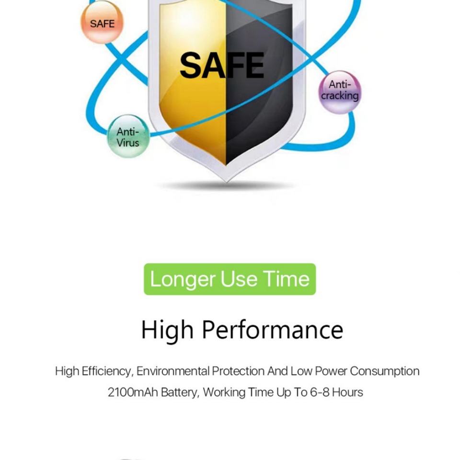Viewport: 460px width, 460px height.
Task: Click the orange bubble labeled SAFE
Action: click(102, 23)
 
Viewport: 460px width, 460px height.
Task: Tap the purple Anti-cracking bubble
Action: click(340, 92)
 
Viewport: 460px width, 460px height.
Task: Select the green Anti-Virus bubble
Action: click(128, 137)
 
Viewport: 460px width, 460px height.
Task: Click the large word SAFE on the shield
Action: click(222, 66)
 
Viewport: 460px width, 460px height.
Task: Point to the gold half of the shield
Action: click(196, 110)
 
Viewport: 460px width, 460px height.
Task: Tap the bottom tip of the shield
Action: click(226, 178)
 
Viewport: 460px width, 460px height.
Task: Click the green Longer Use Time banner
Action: click(230, 279)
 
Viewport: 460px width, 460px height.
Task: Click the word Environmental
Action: click(173, 371)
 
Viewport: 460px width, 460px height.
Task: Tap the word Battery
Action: click(179, 392)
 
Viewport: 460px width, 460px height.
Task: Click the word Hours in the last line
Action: click(347, 392)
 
